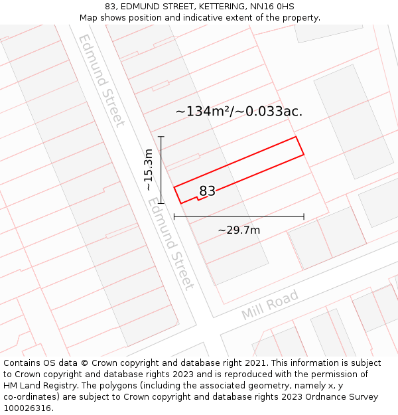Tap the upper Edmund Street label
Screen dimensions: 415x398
pos(101,80)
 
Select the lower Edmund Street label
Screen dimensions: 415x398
pos(171,246)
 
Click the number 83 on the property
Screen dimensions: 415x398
pos(207,191)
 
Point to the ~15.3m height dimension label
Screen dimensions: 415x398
pos(149,170)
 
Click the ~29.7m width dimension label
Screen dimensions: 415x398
pos(239,230)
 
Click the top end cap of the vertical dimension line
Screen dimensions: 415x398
pos(161,137)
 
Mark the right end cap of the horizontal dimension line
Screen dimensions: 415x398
pos(304,216)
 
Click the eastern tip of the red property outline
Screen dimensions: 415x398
pos(304,154)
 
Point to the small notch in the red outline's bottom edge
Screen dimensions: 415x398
pos(198,198)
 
